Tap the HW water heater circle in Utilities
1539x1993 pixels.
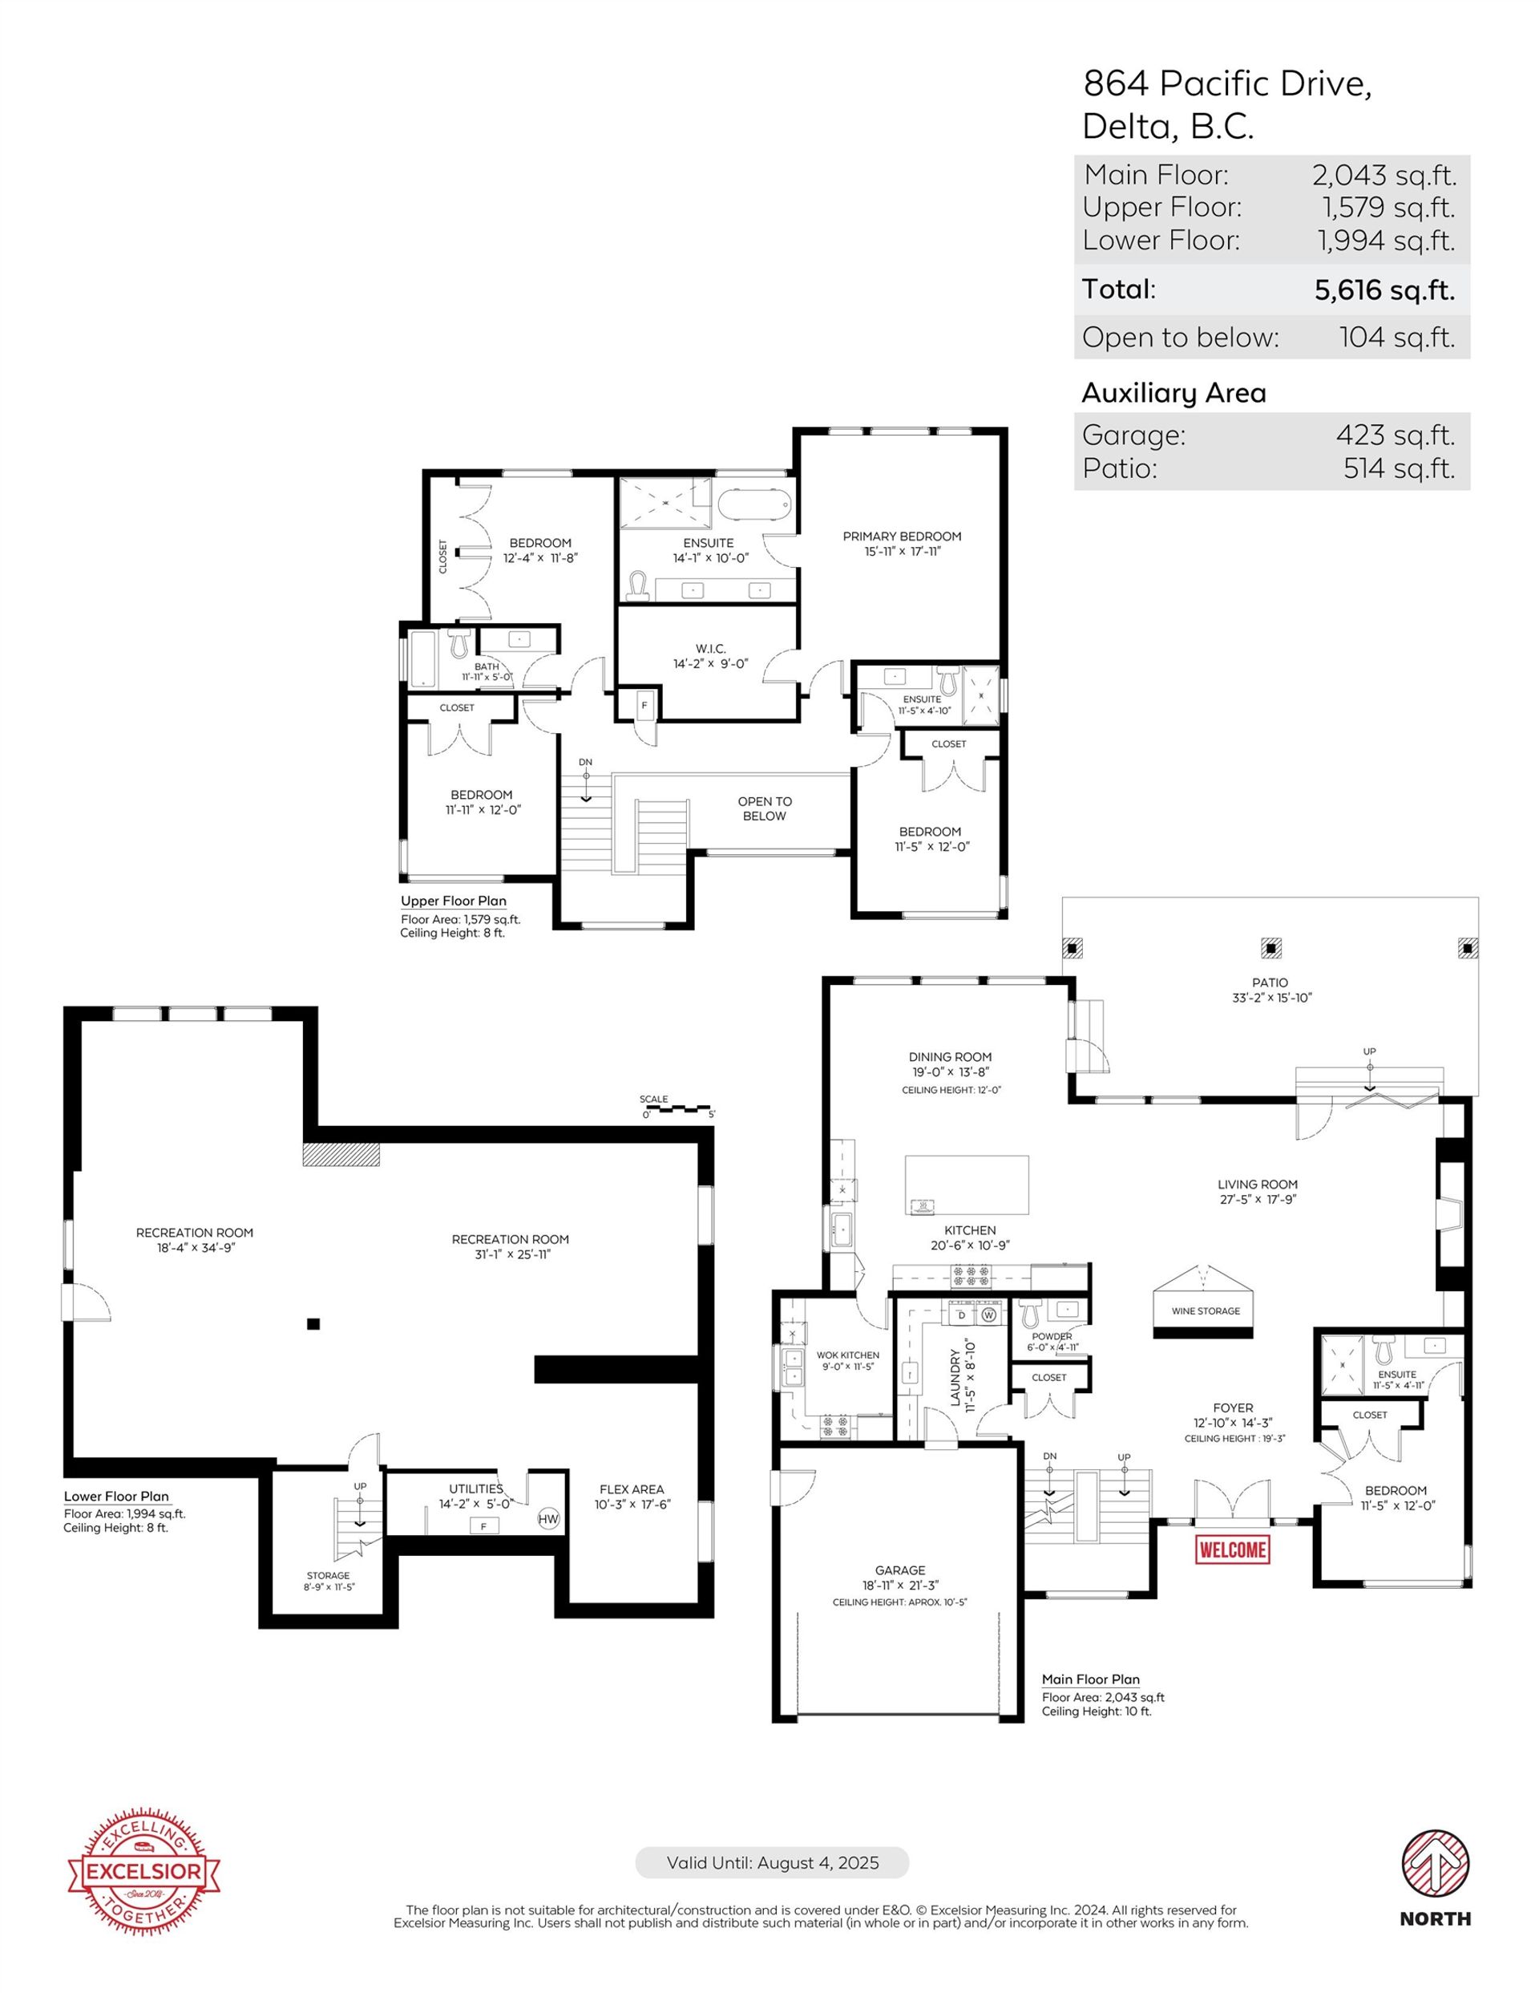coord(548,1518)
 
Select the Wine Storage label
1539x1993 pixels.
coord(1205,1310)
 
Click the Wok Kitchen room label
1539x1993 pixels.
coord(847,1355)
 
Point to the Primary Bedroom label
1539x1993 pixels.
coord(901,537)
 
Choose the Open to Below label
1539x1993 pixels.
coord(765,808)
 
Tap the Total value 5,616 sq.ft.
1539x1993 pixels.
coord(1384,290)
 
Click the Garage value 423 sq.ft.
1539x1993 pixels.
coord(1396,435)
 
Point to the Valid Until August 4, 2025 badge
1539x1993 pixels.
coord(772,1862)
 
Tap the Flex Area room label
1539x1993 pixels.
coord(632,1489)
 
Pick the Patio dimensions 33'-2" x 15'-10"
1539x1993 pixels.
coord(1270,998)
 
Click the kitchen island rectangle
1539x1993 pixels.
coord(967,1185)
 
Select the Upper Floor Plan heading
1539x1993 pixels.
coord(454,901)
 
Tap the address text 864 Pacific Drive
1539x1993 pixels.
coord(1227,84)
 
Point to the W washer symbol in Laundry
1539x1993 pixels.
coord(989,1316)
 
